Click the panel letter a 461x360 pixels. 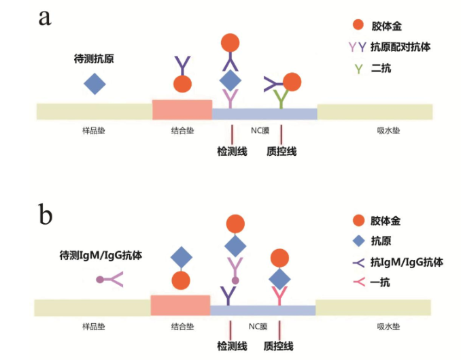pyautogui.click(x=45, y=17)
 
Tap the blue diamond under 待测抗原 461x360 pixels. pyautogui.click(x=95, y=84)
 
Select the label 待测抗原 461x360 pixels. pyautogui.click(x=94, y=59)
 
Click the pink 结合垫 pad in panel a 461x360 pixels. pyautogui.click(x=182, y=110)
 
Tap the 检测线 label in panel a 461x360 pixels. pyautogui.click(x=231, y=151)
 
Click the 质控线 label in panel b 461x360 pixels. pyautogui.click(x=279, y=346)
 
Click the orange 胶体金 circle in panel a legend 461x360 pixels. pyautogui.click(x=358, y=25)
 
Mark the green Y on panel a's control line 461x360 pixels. pyautogui.click(x=280, y=100)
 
